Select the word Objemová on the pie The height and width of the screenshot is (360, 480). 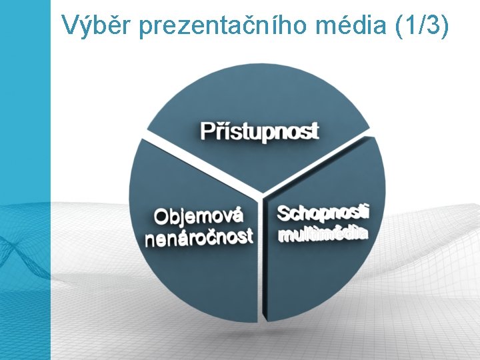pyautogui.click(x=199, y=216)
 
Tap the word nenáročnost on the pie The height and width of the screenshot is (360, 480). pyautogui.click(x=199, y=237)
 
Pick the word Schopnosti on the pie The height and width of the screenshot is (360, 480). pyautogui.click(x=323, y=213)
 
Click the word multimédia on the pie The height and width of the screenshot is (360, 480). pyautogui.click(x=323, y=234)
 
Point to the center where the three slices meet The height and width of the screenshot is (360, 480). pyautogui.click(x=262, y=194)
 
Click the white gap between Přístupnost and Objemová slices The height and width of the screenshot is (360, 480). pyautogui.click(x=200, y=163)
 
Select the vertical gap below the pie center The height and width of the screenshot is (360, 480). pyautogui.click(x=261, y=267)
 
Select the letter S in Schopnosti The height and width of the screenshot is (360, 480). pyautogui.click(x=283, y=213)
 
